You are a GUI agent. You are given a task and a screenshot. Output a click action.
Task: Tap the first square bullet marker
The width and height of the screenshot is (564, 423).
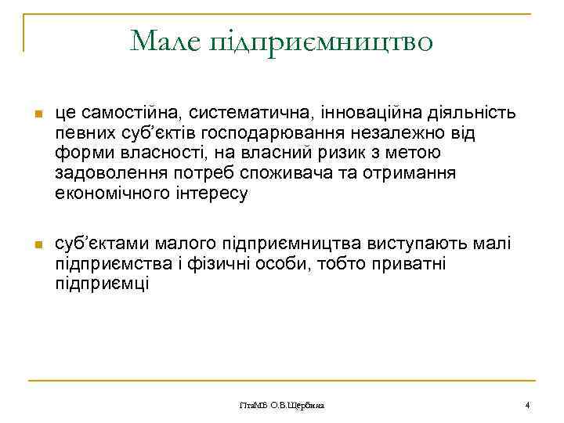pyautogui.click(x=36, y=115)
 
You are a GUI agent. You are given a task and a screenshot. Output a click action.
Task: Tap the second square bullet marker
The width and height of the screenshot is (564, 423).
pyautogui.click(x=36, y=246)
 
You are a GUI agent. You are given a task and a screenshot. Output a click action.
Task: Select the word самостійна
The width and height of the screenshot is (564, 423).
pyautogui.click(x=126, y=114)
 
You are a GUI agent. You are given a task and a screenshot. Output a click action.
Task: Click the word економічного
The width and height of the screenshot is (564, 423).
pyautogui.click(x=109, y=194)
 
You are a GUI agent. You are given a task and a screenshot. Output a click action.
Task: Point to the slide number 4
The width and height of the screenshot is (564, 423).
pyautogui.click(x=527, y=405)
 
